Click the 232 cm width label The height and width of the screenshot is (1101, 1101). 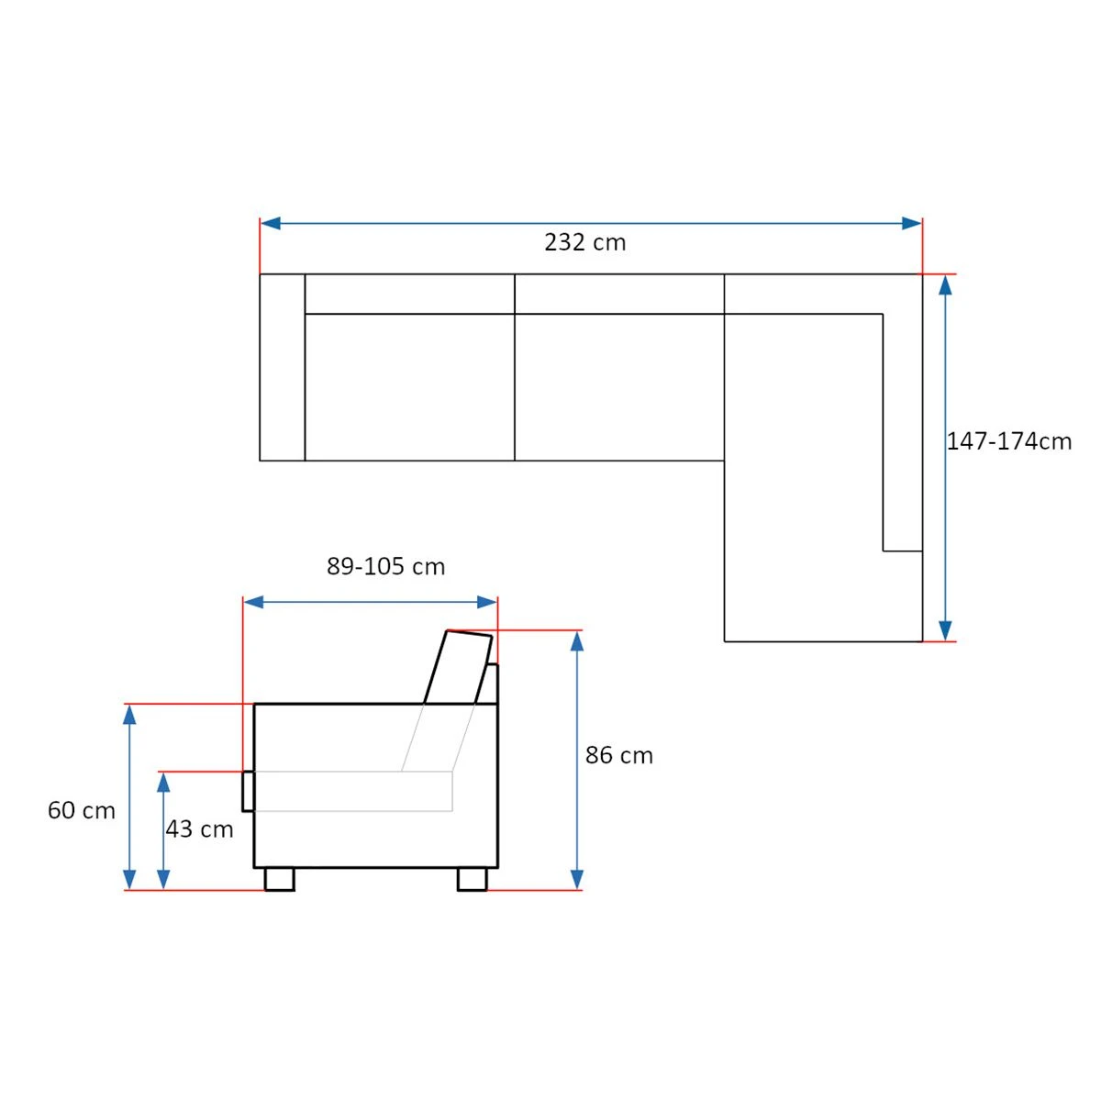[584, 242]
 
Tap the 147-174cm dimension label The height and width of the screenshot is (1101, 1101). [1009, 441]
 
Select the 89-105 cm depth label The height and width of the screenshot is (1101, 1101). [385, 566]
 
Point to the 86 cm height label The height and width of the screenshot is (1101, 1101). [618, 755]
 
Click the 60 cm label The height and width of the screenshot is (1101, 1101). [81, 810]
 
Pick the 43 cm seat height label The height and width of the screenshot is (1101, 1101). [199, 829]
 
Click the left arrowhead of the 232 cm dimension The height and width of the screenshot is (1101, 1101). [271, 223]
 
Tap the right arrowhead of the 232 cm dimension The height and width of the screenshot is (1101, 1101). [912, 223]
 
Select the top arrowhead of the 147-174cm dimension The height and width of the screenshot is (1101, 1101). [946, 285]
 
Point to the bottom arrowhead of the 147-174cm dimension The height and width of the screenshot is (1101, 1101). [946, 630]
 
